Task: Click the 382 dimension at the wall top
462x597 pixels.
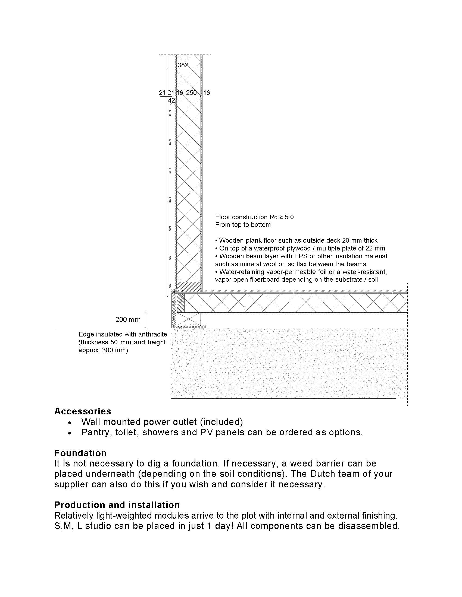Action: point(183,65)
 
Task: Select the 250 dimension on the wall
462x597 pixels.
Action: point(191,93)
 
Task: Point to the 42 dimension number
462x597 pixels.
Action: point(171,100)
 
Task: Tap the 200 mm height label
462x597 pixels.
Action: point(128,320)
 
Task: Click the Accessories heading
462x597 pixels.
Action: point(83,411)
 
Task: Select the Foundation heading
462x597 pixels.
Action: point(80,453)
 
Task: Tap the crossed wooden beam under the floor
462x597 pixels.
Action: point(189,319)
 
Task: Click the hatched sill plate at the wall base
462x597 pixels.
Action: point(188,287)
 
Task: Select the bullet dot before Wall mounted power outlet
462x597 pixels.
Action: point(70,422)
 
